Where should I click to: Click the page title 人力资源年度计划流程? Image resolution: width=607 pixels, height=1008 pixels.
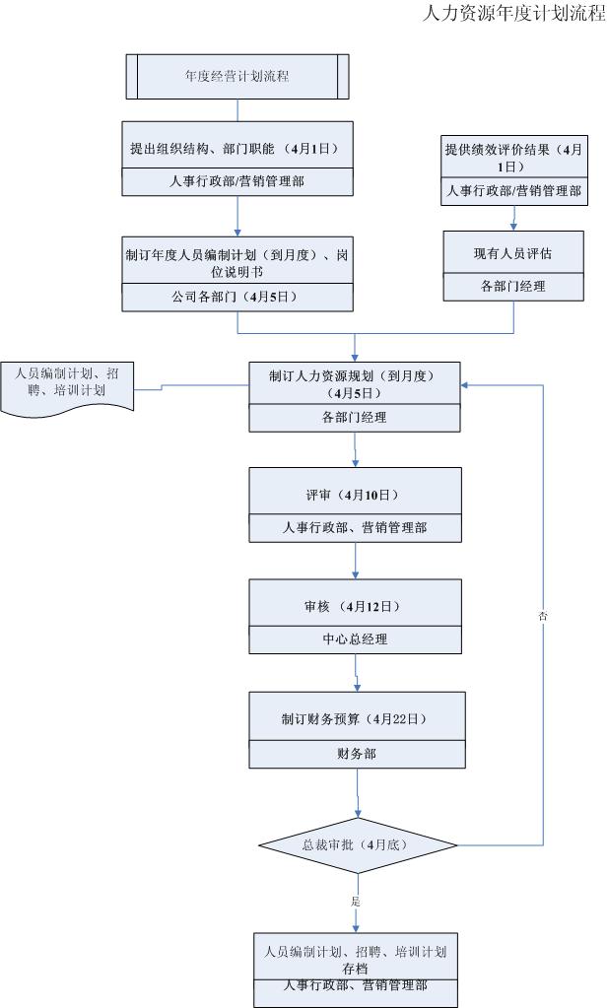pyautogui.click(x=512, y=14)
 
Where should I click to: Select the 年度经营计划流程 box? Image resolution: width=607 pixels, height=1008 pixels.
pyautogui.click(x=236, y=75)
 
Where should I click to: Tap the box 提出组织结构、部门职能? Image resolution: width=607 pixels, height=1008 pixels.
pyautogui.click(x=236, y=149)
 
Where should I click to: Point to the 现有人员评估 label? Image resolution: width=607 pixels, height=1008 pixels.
pyautogui.click(x=512, y=253)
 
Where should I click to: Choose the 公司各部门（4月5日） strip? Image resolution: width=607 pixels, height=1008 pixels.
pyautogui.click(x=236, y=296)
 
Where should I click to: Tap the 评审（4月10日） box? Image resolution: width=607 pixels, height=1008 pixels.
pyautogui.click(x=355, y=493)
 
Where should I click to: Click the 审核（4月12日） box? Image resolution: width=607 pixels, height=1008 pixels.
pyautogui.click(x=355, y=604)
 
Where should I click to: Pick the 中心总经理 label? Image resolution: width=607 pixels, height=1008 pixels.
pyautogui.click(x=355, y=639)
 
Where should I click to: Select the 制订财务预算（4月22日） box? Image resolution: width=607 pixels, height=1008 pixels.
pyautogui.click(x=355, y=718)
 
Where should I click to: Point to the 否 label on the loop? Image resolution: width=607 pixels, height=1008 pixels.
pyautogui.click(x=543, y=616)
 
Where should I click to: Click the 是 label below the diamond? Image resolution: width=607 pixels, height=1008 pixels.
pyautogui.click(x=354, y=901)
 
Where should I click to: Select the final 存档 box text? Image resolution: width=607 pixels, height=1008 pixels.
pyautogui.click(x=355, y=960)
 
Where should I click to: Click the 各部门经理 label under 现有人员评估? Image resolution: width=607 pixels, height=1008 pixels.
pyautogui.click(x=512, y=287)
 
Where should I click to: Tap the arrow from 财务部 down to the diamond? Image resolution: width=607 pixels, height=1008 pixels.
pyautogui.click(x=357, y=794)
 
